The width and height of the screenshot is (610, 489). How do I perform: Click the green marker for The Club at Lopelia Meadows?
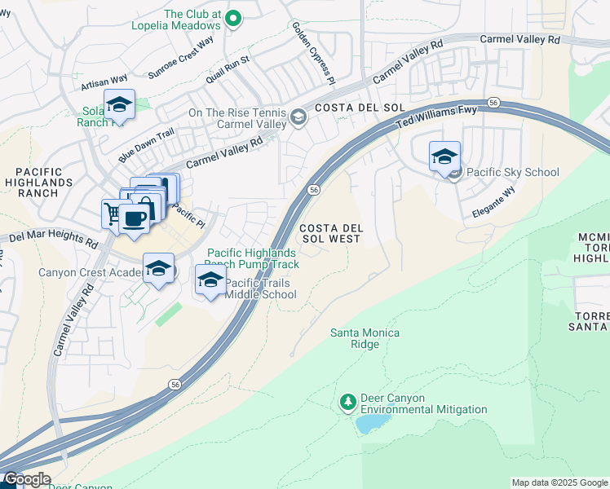tap(234, 18)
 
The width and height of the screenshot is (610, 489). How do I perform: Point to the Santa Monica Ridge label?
tap(355, 338)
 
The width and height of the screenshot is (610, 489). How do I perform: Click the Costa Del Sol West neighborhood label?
tap(329, 232)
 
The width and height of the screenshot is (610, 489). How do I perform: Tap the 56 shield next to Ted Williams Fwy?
tap(493, 102)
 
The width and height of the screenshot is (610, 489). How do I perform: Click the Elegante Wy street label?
tap(493, 204)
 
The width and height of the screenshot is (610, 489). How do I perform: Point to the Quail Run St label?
tap(228, 68)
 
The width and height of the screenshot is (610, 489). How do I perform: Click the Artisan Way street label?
tap(104, 79)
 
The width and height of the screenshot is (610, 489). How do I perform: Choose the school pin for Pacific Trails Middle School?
tap(210, 280)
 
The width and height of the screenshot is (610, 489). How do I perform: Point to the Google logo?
tap(26, 479)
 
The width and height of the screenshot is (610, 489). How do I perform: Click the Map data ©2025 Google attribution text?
tap(559, 482)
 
